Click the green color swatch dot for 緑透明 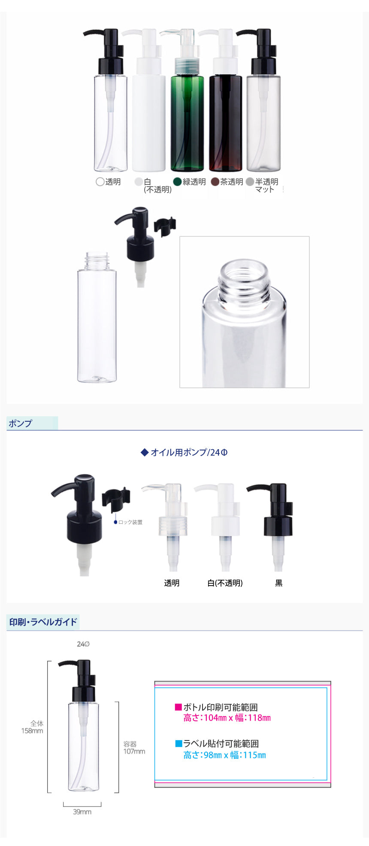pos(178,181)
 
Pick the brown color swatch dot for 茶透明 pos(215,181)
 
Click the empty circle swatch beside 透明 pos(100,181)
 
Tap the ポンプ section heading pos(20,423)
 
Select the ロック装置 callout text pos(130,522)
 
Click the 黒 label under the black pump pos(279,583)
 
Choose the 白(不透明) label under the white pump pos(225,583)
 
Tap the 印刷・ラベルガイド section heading pos(43,622)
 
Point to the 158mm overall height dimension pos(32,731)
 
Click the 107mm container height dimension pos(134,751)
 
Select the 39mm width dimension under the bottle pos(82,812)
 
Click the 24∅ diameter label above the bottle pos(83,644)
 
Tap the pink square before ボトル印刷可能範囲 pos(178,707)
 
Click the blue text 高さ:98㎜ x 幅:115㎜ pos(225,755)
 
